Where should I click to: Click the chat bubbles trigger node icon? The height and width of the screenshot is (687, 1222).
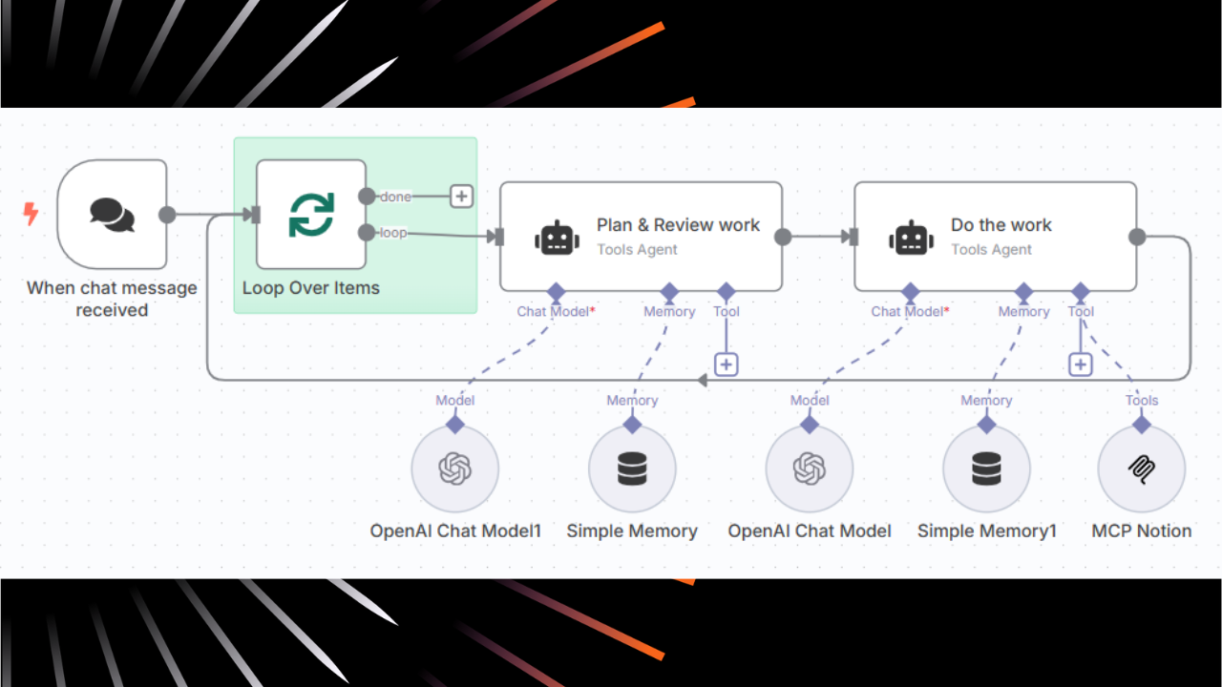pos(112,214)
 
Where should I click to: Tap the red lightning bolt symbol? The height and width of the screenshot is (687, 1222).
pos(31,214)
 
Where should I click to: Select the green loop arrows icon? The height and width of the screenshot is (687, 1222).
pos(311,215)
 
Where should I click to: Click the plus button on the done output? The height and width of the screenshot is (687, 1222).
pos(461,197)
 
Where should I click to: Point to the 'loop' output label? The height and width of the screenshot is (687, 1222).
pos(393,232)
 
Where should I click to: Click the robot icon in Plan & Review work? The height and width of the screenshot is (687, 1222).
pos(557,238)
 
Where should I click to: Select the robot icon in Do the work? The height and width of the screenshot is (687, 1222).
pos(911,238)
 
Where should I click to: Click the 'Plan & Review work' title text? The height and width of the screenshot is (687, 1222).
pos(678,225)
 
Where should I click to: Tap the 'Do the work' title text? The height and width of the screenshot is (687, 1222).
pos(1001,225)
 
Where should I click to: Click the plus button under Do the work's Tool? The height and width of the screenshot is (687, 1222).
pos(1080,364)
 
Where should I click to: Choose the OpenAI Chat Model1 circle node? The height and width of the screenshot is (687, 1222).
pos(455,468)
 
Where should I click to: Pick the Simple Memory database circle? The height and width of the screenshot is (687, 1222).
pos(632,468)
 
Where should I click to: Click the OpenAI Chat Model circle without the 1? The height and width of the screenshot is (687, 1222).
pos(810,468)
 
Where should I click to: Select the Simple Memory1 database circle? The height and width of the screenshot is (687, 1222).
pos(986,468)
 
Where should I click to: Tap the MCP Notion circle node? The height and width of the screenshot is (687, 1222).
pos(1142,468)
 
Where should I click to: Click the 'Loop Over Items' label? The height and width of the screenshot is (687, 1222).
pos(311,288)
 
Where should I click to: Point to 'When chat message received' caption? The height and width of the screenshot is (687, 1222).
pos(112,299)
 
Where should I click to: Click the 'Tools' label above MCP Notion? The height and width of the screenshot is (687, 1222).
pos(1142,401)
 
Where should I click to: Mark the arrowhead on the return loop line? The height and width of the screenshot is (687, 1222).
pos(702,381)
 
